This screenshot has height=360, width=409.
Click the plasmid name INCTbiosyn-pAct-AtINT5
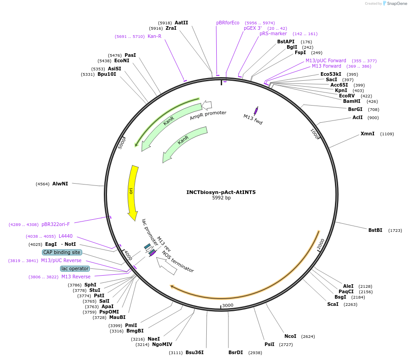click(221, 192)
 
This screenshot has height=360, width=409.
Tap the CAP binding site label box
click(62, 252)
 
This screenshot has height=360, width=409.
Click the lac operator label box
click(75, 268)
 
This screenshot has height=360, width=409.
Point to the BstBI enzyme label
click(375, 230)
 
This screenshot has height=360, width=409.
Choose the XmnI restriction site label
click(367, 134)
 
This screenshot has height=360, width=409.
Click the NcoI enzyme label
click(290, 336)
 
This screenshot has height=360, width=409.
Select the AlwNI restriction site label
click(60, 184)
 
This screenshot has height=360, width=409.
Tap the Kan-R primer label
click(154, 36)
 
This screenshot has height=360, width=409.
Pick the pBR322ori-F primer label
click(56, 224)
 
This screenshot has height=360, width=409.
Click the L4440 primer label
click(65, 236)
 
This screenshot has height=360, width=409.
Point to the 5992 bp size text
click(221, 198)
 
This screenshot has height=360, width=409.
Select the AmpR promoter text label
click(208, 115)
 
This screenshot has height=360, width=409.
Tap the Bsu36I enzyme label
click(195, 352)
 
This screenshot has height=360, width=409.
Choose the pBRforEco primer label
click(228, 23)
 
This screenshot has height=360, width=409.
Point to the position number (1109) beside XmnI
click(387, 134)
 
